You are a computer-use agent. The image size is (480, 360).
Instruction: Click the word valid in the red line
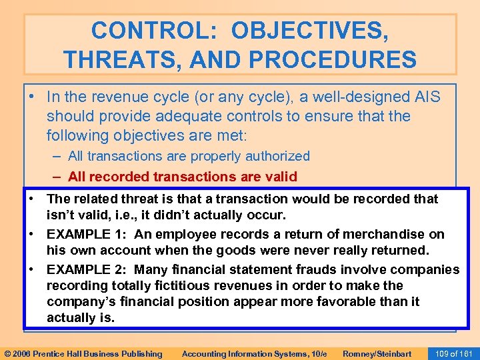click(x=279, y=177)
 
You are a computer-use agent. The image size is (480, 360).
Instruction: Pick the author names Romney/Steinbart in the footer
click(x=376, y=353)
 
